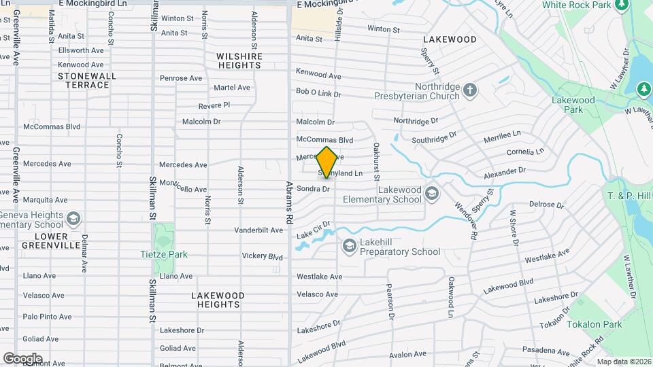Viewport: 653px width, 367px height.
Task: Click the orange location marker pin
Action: point(326,162)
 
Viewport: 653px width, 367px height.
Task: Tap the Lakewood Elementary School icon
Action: point(431,195)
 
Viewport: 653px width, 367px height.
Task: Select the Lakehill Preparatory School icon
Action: point(350,246)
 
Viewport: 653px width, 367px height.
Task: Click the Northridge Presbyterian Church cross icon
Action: point(469,90)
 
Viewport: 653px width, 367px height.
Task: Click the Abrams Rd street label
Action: point(289,203)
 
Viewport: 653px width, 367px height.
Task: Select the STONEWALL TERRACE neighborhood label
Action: point(84,80)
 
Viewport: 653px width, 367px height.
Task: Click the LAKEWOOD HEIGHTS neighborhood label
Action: point(216,300)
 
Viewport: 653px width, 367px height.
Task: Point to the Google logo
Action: point(22,358)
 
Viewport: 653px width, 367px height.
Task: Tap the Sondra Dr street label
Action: point(313,189)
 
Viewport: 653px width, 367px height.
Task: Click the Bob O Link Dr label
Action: point(318,92)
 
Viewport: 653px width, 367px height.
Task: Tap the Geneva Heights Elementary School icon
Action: point(73,219)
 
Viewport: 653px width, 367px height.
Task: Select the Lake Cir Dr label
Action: point(314,229)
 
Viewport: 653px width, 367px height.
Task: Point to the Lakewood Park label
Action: point(574,105)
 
